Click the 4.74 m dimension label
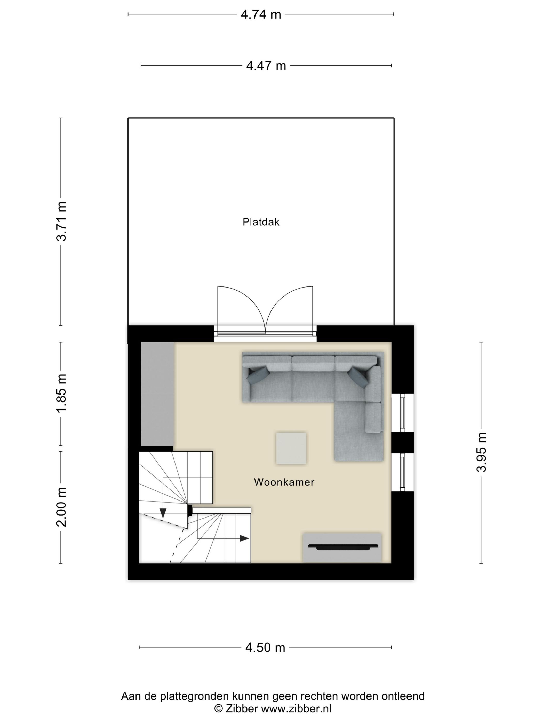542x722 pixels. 261,15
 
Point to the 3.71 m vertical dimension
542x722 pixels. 61,221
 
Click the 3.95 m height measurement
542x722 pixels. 481,452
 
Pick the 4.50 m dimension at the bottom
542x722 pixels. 265,647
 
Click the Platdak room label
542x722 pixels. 261,222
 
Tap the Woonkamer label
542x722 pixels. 284,482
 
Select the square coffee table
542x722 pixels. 291,448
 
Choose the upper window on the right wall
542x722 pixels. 402,413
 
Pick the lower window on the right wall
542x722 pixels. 402,472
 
